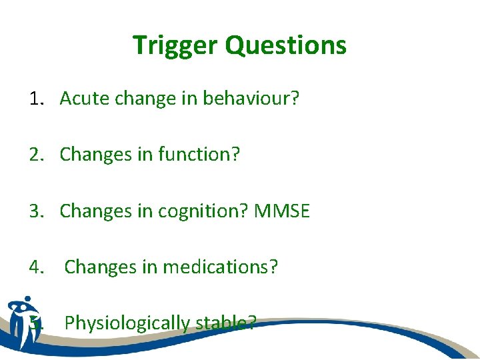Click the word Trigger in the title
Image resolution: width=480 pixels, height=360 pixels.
tap(175, 45)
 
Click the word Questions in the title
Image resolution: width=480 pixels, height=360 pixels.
tap(285, 45)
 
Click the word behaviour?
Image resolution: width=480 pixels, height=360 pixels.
tap(251, 99)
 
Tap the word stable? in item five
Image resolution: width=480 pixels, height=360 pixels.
tap(225, 323)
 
